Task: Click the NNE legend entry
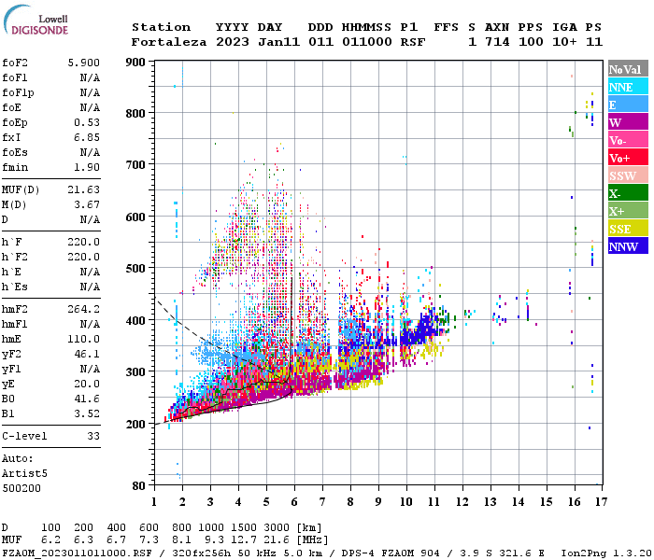point(621,87)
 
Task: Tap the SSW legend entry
point(621,175)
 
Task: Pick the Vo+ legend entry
point(621,158)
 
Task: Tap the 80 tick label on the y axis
point(138,486)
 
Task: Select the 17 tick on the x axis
point(600,502)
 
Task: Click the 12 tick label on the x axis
point(462,502)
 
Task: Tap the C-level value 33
point(92,436)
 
